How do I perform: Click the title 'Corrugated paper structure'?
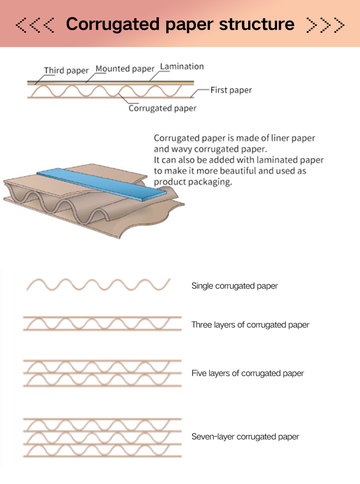(180, 24)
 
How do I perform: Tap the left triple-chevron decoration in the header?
(35, 25)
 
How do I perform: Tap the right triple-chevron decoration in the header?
(325, 25)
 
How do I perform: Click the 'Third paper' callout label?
(66, 71)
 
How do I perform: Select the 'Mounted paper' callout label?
(125, 69)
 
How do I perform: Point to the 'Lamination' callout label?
(182, 66)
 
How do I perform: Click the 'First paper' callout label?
(231, 90)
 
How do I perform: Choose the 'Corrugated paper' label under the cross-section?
(162, 109)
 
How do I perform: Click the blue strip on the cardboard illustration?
(102, 184)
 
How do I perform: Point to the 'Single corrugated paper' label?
(234, 286)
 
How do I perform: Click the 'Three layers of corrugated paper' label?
(250, 325)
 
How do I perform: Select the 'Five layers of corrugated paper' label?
(247, 373)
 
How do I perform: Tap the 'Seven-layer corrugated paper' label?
(245, 436)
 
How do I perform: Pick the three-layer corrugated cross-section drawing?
(102, 324)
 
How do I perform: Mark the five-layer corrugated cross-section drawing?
(102, 373)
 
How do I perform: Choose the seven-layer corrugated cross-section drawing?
(102, 438)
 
